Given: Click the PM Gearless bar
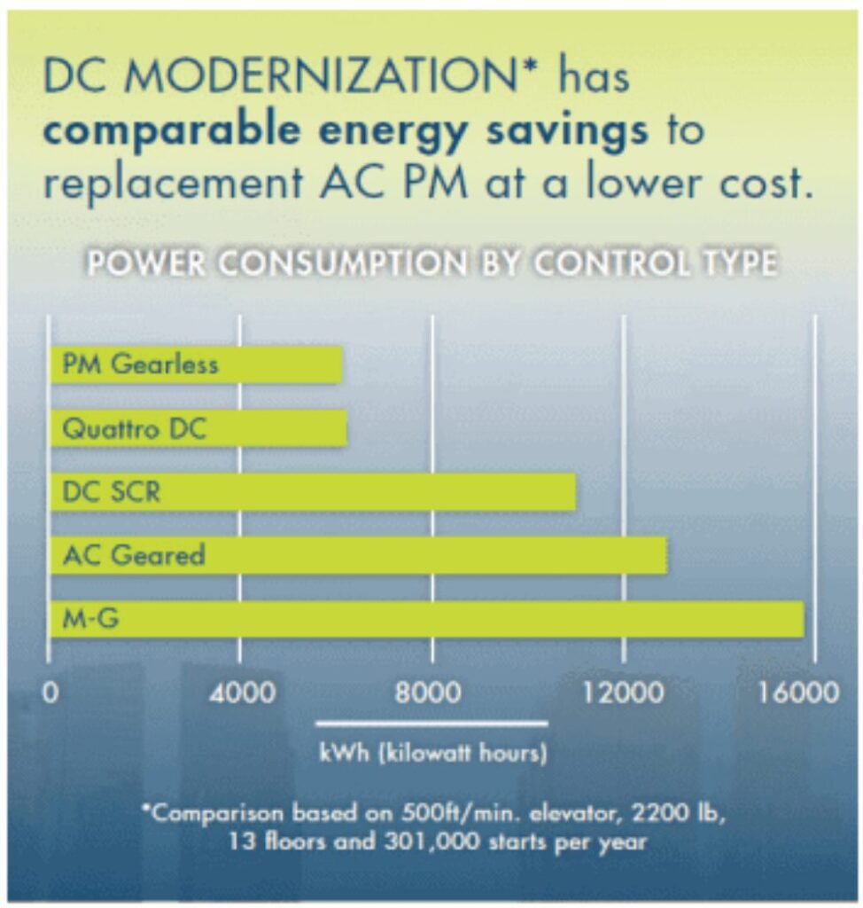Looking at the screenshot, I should [x=196, y=365].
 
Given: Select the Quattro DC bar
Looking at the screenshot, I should [x=198, y=429].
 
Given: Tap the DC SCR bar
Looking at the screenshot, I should [x=313, y=492].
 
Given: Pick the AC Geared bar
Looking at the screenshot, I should [x=358, y=556].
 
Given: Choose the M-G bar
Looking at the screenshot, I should [x=426, y=619].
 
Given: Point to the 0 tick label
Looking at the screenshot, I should [x=51, y=693].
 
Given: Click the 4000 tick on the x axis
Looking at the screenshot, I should [x=240, y=693].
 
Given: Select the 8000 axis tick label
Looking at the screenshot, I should [x=431, y=693].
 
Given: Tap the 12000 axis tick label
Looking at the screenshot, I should [x=624, y=693].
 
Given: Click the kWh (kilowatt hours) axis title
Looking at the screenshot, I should [x=432, y=755].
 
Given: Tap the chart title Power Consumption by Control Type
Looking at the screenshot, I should [x=431, y=265].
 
